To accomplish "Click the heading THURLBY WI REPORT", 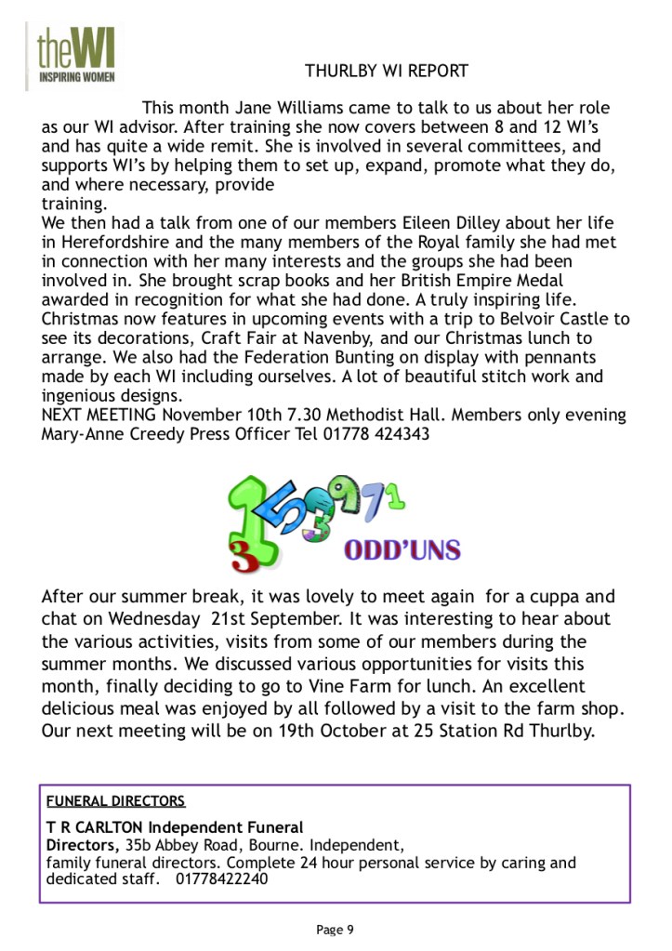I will (386, 72).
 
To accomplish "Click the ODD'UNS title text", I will (402, 549).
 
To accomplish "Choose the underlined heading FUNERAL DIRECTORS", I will (116, 800).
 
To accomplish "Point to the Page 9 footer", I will (335, 930).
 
